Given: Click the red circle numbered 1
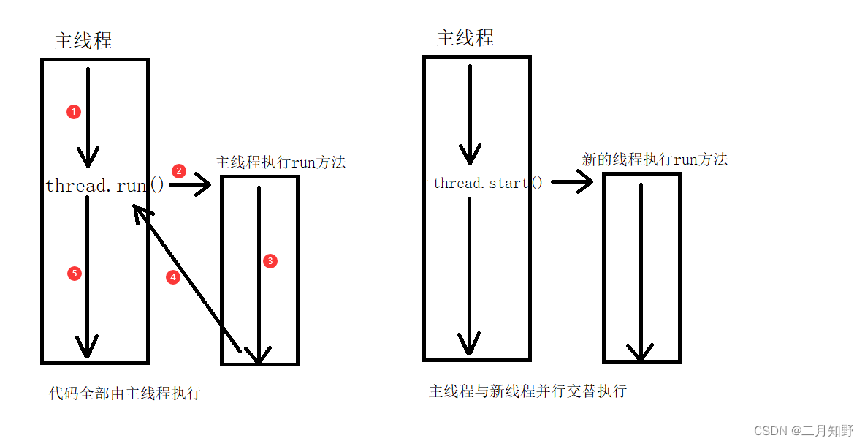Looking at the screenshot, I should coord(73,112).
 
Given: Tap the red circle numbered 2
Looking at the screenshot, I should coord(178,170).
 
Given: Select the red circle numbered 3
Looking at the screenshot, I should coord(270,261).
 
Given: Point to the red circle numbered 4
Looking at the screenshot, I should coord(172,277).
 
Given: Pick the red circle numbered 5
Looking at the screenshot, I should coord(73,274).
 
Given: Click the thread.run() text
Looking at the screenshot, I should coord(105,186).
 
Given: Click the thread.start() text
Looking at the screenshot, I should coord(488,183).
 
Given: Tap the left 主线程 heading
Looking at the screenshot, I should coord(83,41).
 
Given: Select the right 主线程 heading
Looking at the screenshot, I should coord(465,38).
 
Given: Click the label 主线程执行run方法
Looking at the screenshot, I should coord(281,162).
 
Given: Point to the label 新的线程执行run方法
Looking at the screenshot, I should coord(655,159).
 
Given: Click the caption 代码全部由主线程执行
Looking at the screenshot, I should coord(125,394).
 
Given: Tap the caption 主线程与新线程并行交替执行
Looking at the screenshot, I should coord(527,391).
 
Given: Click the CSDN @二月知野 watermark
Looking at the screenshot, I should coord(804,431).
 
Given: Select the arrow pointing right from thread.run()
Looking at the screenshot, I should coord(191,185).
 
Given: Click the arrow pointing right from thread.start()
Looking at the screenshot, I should coord(572,181).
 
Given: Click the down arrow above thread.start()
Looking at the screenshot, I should coord(470,113).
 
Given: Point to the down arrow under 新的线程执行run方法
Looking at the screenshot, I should coord(641,271).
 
